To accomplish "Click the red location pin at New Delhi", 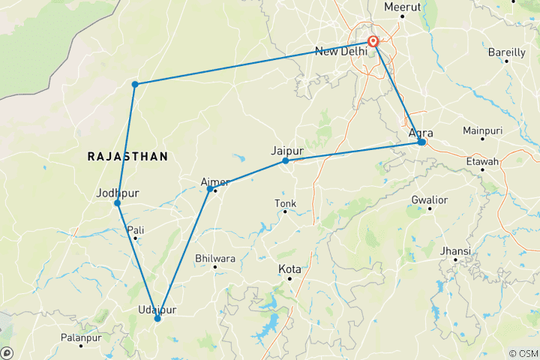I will tap(373, 42).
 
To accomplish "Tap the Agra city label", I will tap(421, 133).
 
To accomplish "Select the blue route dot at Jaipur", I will tap(286, 161).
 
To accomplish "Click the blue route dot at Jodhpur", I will tap(118, 203).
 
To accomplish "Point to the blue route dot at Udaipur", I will tap(157, 319).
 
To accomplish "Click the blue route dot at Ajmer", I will tap(210, 189).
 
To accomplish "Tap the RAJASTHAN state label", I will tap(127, 156).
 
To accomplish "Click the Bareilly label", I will tap(507, 52).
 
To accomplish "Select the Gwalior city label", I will tap(429, 200).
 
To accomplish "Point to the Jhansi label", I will tap(455, 250).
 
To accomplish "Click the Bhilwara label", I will tap(214, 258).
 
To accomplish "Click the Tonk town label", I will tap(285, 203).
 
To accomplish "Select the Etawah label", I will tap(482, 160).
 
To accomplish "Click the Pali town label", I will tap(136, 229).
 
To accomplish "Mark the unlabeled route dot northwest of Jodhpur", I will tap(135, 84).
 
